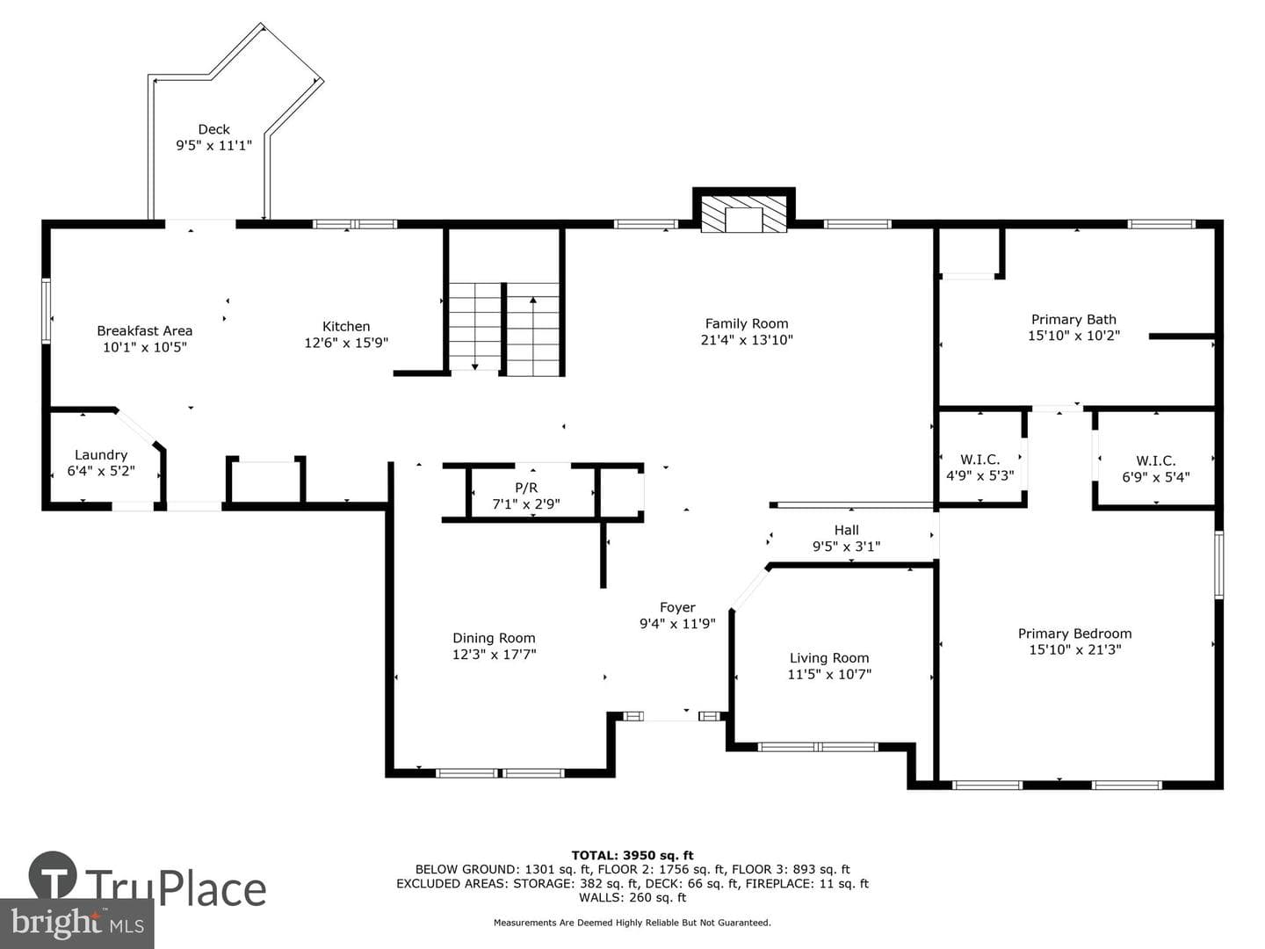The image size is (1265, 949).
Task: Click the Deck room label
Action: [x=213, y=130]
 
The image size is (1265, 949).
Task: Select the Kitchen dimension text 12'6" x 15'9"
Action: [x=346, y=343]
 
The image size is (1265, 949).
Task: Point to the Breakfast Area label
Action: [x=145, y=330]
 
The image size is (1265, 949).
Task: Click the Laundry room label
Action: [x=101, y=455]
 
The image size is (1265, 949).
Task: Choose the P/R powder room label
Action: [x=526, y=489]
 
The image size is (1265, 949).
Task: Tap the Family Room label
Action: [x=747, y=324]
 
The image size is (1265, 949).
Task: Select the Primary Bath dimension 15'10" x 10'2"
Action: [x=1073, y=336]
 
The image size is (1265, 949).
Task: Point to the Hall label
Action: [x=847, y=530]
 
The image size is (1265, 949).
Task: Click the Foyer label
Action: [x=677, y=607]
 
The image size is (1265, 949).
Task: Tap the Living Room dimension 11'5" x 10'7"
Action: [x=829, y=674]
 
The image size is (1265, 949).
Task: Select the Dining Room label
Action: [x=494, y=638]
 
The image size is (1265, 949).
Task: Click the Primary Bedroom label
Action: [x=1075, y=634]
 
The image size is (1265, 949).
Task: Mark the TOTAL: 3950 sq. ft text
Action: [x=632, y=856]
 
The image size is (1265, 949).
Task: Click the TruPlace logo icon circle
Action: [x=53, y=875]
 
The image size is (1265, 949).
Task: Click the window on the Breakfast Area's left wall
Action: [x=46, y=311]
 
